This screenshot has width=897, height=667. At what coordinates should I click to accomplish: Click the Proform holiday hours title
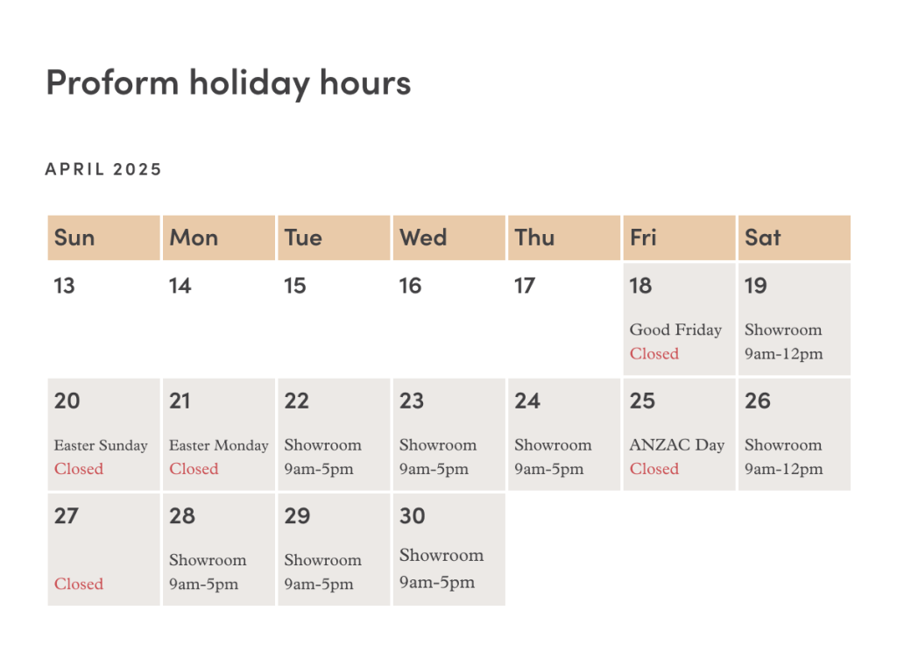click(x=229, y=83)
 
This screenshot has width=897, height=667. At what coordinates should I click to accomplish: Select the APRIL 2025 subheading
click(x=103, y=169)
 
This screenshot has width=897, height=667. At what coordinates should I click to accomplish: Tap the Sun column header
click(x=74, y=238)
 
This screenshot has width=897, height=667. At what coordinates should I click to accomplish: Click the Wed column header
click(x=423, y=238)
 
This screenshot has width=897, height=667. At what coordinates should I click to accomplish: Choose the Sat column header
click(x=763, y=238)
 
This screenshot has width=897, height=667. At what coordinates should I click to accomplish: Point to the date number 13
click(x=64, y=286)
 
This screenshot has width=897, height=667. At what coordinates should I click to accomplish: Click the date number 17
click(x=525, y=286)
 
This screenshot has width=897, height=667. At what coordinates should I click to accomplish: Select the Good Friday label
click(x=675, y=330)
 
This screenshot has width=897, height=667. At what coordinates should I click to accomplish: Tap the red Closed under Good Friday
click(x=654, y=354)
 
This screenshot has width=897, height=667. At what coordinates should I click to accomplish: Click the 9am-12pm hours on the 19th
click(x=784, y=354)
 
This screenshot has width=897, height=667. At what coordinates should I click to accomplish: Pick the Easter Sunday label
click(x=101, y=445)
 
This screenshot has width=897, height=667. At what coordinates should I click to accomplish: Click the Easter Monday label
click(x=218, y=445)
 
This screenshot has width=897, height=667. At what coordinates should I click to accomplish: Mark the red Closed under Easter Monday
click(x=194, y=469)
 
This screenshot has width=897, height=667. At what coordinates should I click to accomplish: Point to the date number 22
click(x=296, y=401)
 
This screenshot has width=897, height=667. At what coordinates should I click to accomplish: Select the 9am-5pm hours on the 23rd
click(x=434, y=470)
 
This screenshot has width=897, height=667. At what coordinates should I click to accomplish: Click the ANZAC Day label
click(x=677, y=445)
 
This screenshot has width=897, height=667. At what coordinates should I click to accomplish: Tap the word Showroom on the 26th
click(x=783, y=445)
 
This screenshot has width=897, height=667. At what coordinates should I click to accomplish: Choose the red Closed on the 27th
click(x=79, y=584)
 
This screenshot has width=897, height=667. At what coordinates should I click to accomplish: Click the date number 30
click(x=412, y=516)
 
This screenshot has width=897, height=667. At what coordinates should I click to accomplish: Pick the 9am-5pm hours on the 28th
click(x=203, y=585)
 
